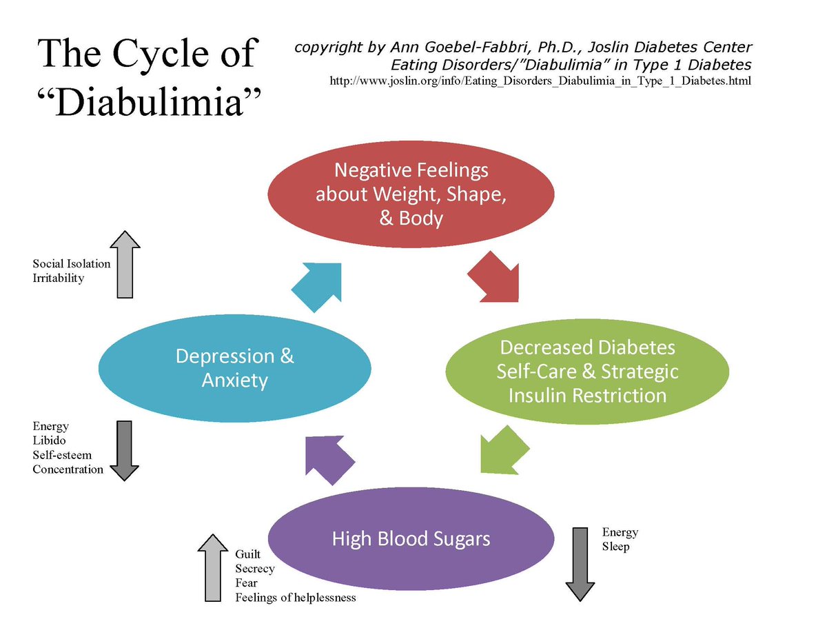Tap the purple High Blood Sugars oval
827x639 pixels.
pos(411,538)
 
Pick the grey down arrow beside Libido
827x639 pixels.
pos(125,449)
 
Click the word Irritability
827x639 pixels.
pos(59,278)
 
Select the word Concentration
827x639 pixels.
pos(68,469)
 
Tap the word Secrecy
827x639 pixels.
pos(254,569)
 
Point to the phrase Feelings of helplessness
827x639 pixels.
pos(296,598)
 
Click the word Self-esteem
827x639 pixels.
pos(62,455)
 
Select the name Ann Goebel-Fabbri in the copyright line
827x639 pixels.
pos(468,48)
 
